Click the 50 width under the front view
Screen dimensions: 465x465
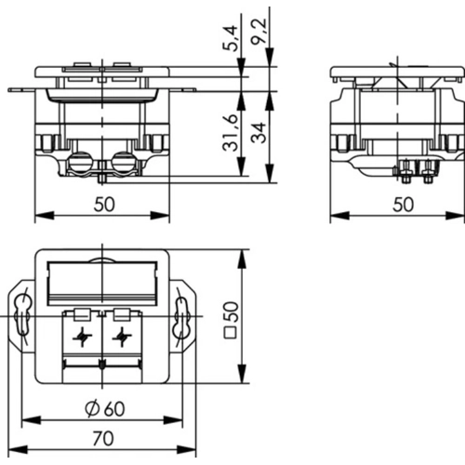point(103,206)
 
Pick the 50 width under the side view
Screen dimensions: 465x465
point(402,206)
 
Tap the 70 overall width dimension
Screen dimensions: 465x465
point(103,437)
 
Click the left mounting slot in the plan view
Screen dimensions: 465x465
point(23,317)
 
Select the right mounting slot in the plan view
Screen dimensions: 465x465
point(183,317)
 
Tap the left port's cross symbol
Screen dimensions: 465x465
point(82,338)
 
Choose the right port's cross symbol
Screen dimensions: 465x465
point(119,338)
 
